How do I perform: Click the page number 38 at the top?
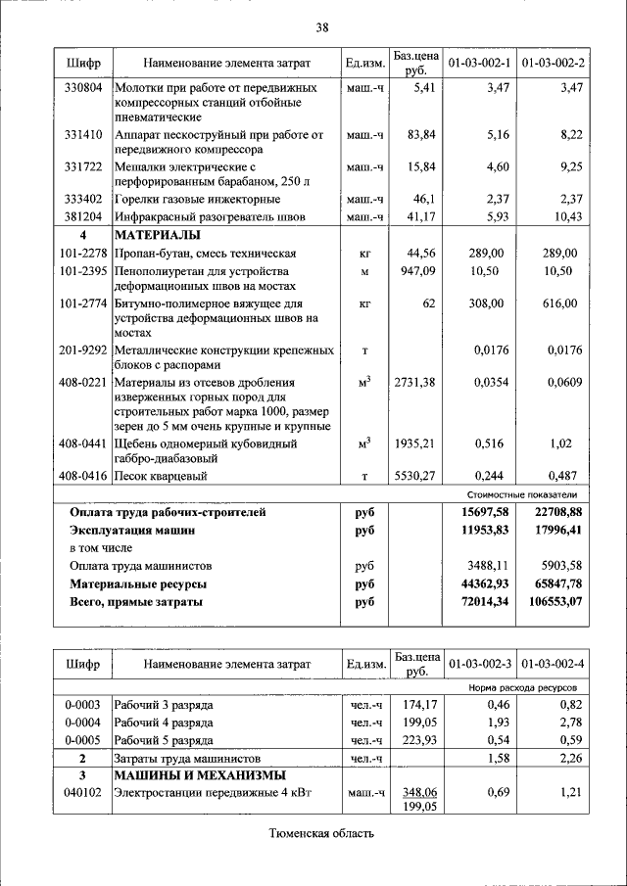[x=321, y=26]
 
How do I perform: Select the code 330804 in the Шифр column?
[x=83, y=88]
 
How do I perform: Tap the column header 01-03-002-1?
[x=480, y=64]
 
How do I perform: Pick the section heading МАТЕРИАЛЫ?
[x=158, y=236]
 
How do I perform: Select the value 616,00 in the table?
[x=562, y=304]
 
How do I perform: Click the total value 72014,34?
[x=486, y=602]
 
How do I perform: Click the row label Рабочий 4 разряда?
[x=164, y=723]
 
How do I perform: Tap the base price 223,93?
[x=416, y=740]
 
